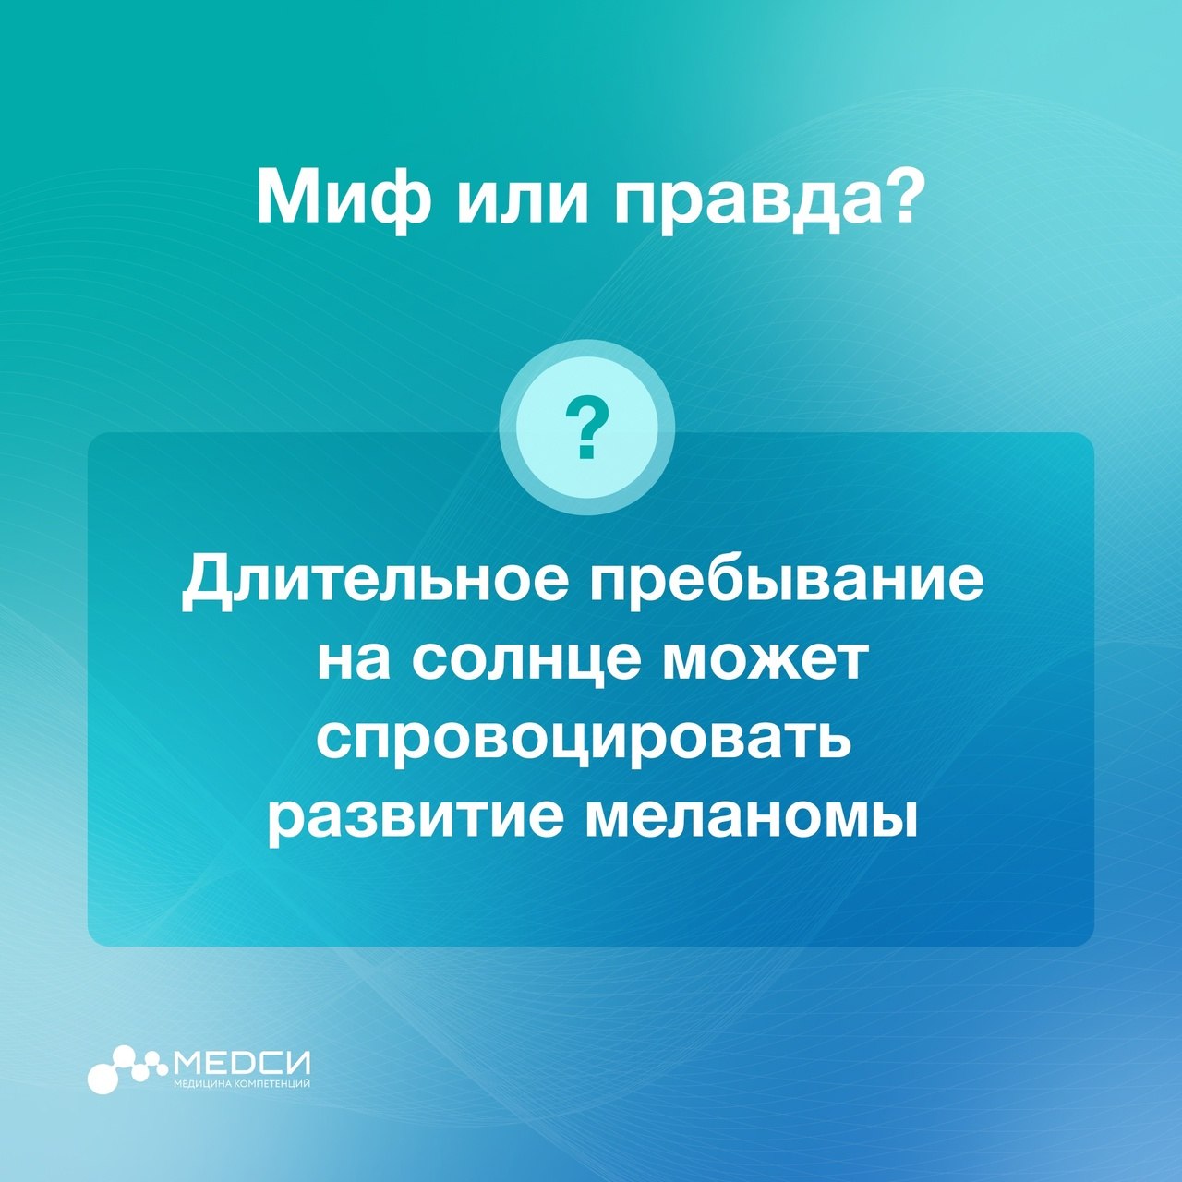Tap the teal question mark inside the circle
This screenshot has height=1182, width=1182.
click(x=587, y=427)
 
